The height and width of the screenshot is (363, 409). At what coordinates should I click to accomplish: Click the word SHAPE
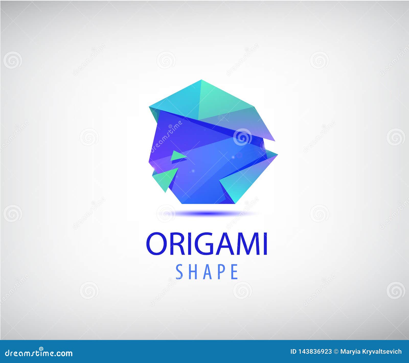coord(207,272)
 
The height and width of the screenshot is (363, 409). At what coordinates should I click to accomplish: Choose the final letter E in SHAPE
coord(234,272)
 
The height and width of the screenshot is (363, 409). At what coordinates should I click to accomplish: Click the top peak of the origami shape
coord(201,80)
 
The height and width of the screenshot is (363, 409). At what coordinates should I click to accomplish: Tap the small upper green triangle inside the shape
coord(176,156)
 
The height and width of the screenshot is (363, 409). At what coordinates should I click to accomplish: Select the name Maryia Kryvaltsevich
coord(371,352)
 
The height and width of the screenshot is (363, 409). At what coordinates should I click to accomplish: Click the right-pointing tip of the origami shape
coord(277,155)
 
